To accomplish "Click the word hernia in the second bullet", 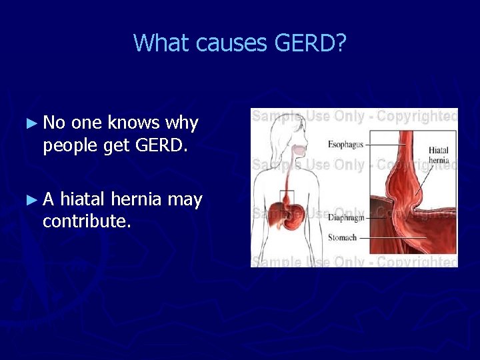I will click(136, 199).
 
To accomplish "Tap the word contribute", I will click(87, 221).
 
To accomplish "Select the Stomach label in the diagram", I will click(342, 237).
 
